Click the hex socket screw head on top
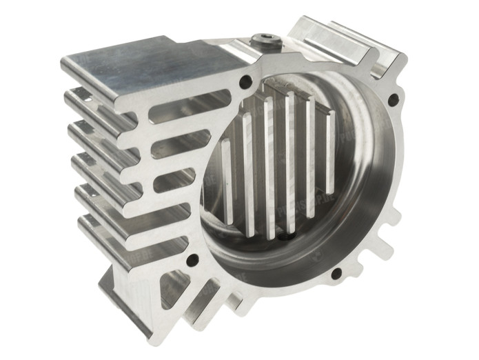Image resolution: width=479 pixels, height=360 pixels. (267, 41)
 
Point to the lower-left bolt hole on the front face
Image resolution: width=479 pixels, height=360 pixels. (192, 260)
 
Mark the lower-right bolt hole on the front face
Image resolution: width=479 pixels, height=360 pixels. (336, 274)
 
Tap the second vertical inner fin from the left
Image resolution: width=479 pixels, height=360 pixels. (248, 172)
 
